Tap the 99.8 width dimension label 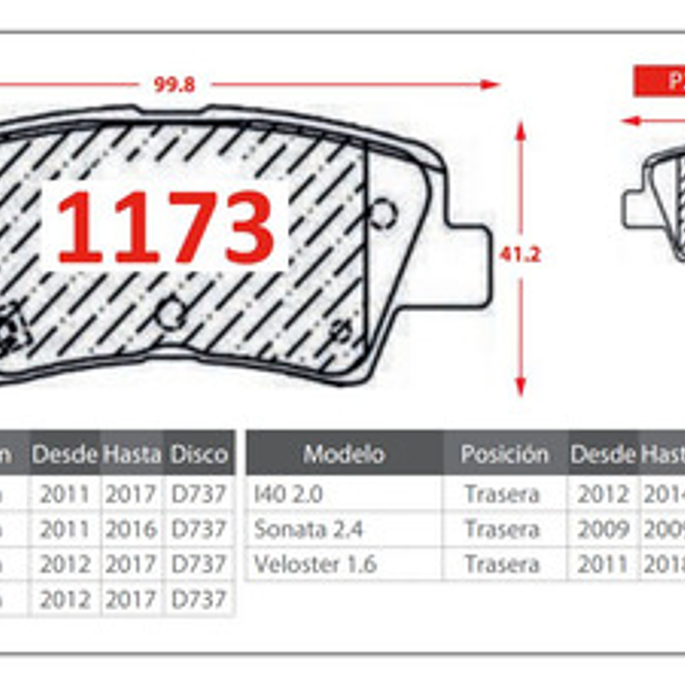point(174,85)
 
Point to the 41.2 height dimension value point(520,255)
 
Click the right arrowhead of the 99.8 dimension point(490,85)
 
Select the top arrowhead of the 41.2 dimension point(520,129)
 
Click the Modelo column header point(343,453)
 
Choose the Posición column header point(505,453)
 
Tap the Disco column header point(199,453)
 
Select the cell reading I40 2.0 point(288,494)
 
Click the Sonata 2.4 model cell point(308,529)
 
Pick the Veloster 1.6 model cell point(315,565)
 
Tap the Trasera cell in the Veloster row point(502,565)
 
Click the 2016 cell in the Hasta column point(132,529)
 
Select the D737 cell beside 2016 point(198,529)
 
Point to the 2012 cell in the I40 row point(603,494)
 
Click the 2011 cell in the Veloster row point(603,565)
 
